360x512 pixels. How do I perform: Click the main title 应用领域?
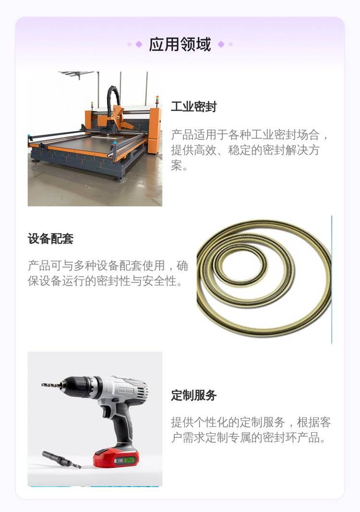180,44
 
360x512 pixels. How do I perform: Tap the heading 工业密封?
193,107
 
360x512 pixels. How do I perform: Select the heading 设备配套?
50,239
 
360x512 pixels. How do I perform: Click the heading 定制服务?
193,395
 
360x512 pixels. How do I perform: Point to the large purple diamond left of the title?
139,44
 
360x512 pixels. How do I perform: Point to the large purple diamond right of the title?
221,44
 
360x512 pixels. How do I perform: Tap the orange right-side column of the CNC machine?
154,131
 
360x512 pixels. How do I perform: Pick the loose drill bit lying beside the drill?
61,460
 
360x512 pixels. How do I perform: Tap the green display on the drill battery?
130,460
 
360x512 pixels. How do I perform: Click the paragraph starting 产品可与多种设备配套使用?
108,273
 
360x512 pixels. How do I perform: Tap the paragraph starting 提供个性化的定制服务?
251,430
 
